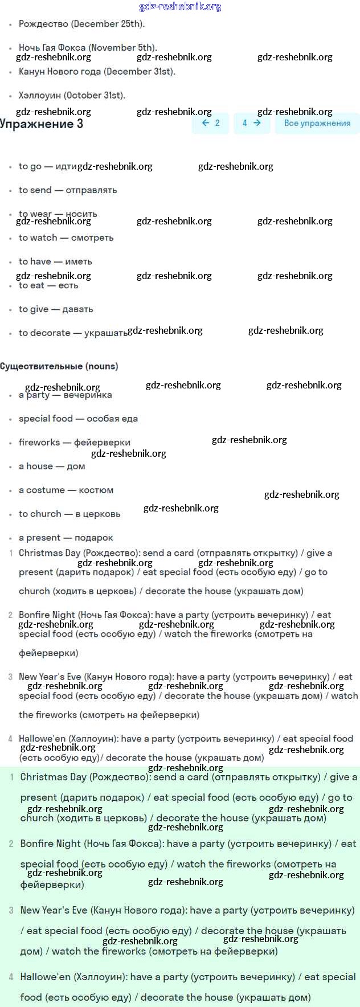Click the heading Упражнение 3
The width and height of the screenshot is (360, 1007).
42,124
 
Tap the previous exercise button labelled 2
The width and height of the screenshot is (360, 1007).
211,123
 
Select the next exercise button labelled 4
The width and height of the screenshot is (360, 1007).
251,123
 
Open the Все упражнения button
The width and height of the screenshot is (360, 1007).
317,123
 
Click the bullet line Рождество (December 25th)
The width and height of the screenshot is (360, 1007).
81,24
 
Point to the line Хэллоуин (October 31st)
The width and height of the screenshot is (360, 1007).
72,95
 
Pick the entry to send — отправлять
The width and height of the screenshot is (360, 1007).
68,190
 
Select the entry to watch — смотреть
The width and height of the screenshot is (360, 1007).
66,238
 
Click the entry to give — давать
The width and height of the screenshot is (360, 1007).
56,309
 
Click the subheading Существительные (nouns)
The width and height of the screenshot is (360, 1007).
59,366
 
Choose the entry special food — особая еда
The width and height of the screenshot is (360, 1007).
78,419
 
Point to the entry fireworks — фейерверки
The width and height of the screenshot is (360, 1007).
74,443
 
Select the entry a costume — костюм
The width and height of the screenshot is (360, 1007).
66,490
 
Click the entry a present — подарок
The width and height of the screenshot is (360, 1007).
66,538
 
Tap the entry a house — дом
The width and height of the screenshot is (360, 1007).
52,466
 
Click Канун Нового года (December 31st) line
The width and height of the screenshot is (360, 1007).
97,72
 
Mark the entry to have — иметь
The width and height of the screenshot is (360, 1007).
55,262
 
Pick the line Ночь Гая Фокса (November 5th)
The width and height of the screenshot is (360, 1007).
88,48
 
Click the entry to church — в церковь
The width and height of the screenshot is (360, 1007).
69,514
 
